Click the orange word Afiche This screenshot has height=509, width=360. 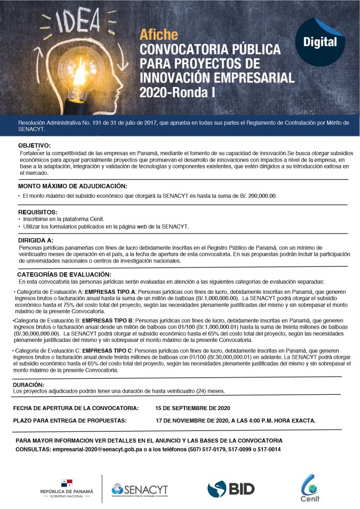tap(159, 35)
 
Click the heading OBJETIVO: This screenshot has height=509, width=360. tap(34, 145)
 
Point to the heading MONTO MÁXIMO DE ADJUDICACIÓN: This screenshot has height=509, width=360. tap(73, 186)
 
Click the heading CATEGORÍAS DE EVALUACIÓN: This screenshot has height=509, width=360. tap(64, 274)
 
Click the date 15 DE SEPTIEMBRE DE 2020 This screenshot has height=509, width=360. tap(192, 408)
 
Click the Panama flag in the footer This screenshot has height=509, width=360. tap(66, 483)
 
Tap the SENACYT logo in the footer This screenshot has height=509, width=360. tap(140, 489)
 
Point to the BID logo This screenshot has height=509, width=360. tap(231, 489)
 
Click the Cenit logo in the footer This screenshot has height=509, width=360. tap(310, 488)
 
